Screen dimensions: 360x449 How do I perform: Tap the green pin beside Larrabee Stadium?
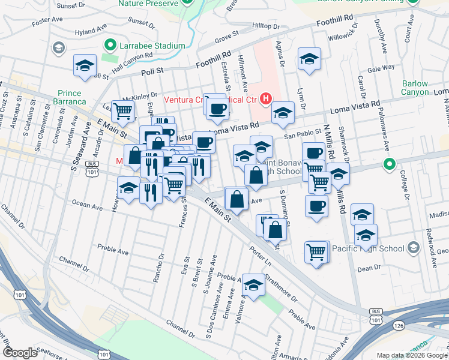pos(110,45)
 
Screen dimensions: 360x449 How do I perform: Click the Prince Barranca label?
pos(73,97)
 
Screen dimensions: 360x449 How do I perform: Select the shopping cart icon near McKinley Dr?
pos(122,111)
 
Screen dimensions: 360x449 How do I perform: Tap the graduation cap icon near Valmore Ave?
pos(253,286)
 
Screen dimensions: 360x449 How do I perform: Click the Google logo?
pos(20,352)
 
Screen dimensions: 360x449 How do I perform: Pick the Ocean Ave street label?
pos(88,205)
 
